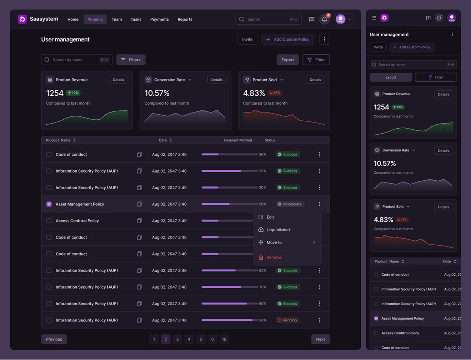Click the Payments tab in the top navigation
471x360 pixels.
[x=159, y=19]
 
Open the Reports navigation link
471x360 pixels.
[x=185, y=19]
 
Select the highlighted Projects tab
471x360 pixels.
[x=95, y=19]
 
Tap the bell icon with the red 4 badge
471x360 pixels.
[x=324, y=19]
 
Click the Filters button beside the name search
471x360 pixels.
[x=131, y=60]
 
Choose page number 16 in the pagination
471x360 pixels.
[x=224, y=339]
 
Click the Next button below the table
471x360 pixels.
[x=320, y=339]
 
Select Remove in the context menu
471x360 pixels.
[x=274, y=257]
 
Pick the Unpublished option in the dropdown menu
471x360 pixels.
[x=278, y=230]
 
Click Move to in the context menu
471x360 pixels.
[x=274, y=242]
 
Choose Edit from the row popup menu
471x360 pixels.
[x=270, y=217]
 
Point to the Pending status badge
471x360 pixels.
[x=287, y=320]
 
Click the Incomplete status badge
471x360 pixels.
[x=290, y=204]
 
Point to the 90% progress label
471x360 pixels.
[x=262, y=320]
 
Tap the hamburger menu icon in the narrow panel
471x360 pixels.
[x=374, y=18]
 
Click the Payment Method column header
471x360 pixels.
[x=238, y=140]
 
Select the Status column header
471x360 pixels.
[x=270, y=140]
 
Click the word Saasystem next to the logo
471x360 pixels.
[x=44, y=19]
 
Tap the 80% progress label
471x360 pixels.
[x=262, y=304]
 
